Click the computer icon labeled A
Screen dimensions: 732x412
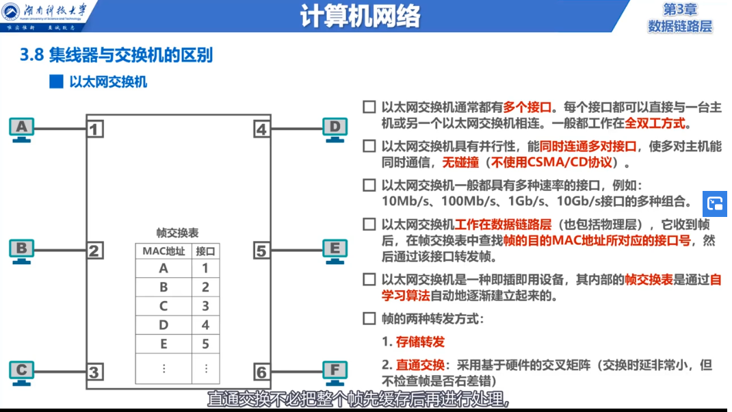[22, 129]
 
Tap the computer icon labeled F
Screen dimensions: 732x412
[335, 373]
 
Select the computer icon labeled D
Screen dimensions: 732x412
[335, 129]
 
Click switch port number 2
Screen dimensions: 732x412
[95, 250]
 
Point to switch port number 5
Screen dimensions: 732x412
[261, 250]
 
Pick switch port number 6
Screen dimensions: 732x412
[261, 372]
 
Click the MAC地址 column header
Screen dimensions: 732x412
[164, 251]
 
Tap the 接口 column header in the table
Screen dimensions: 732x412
[205, 251]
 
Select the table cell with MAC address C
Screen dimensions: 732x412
[164, 306]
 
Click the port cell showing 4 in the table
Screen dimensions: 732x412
[205, 325]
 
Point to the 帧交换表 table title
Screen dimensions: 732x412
[177, 233]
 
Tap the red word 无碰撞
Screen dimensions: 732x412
[460, 163]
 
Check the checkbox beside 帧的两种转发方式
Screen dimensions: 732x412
[369, 318]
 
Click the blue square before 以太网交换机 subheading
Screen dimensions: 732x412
[56, 82]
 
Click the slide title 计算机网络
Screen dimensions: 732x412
[360, 16]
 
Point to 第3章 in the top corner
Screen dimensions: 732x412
[679, 9]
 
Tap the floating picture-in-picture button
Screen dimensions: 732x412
[716, 203]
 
